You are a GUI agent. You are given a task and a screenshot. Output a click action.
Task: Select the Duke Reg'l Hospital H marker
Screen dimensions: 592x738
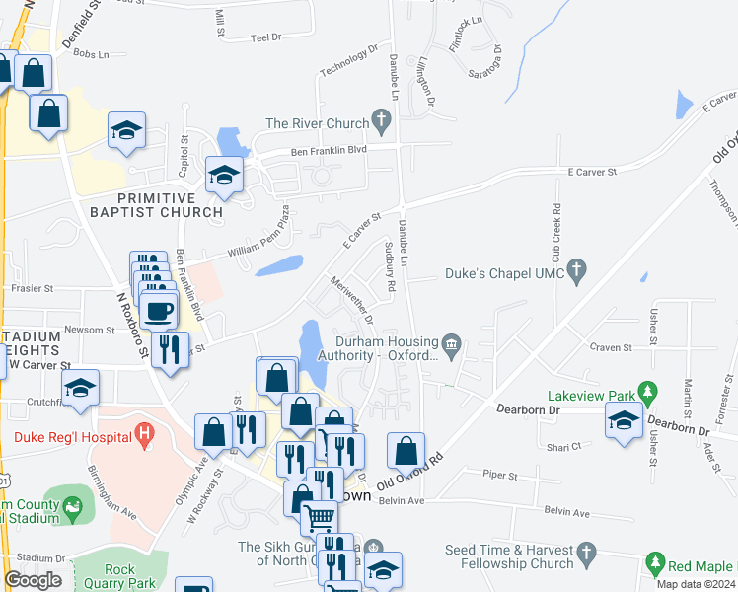(x=145, y=432)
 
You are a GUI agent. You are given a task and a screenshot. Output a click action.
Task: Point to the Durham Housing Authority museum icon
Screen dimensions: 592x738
(x=452, y=342)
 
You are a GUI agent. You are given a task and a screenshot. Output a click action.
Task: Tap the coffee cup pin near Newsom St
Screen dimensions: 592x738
(x=158, y=311)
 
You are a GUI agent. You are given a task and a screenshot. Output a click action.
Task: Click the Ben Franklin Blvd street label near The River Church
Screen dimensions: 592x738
(x=328, y=150)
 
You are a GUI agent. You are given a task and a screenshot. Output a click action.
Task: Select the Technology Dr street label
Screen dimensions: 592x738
(x=349, y=60)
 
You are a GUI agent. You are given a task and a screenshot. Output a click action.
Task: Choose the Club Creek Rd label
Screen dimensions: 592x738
(x=556, y=229)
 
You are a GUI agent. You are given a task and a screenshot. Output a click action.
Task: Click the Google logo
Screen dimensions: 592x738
(x=33, y=580)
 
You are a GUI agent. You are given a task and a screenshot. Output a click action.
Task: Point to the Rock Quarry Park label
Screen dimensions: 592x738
(x=133, y=576)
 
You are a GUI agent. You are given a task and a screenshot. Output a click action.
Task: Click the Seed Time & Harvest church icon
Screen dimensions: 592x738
(x=587, y=551)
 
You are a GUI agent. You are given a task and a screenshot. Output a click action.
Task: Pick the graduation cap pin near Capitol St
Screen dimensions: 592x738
(x=126, y=133)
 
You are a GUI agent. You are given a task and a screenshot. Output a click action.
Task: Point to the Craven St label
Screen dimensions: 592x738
(x=610, y=347)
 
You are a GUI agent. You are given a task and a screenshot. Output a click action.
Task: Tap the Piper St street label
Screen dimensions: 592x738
(x=500, y=475)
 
